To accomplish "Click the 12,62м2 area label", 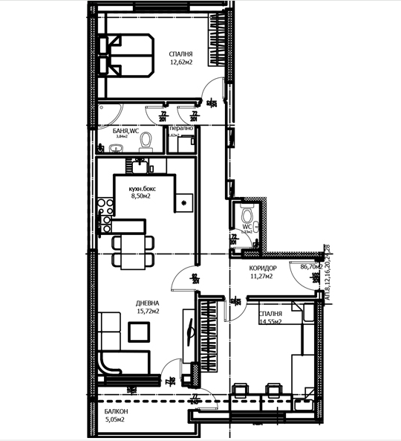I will point(180,63).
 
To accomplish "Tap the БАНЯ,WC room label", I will point(116,129).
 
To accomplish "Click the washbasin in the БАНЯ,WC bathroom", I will point(115,149).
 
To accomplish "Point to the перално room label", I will point(182,129).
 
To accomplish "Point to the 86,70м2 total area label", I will point(311,265).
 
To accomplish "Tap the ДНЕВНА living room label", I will point(148,303).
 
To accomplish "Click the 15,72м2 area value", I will point(148,312).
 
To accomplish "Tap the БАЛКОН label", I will point(115,411).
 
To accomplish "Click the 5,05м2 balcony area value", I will point(114,419).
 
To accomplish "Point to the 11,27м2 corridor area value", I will point(261,277).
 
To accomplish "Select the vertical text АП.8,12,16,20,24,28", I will point(325,272).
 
